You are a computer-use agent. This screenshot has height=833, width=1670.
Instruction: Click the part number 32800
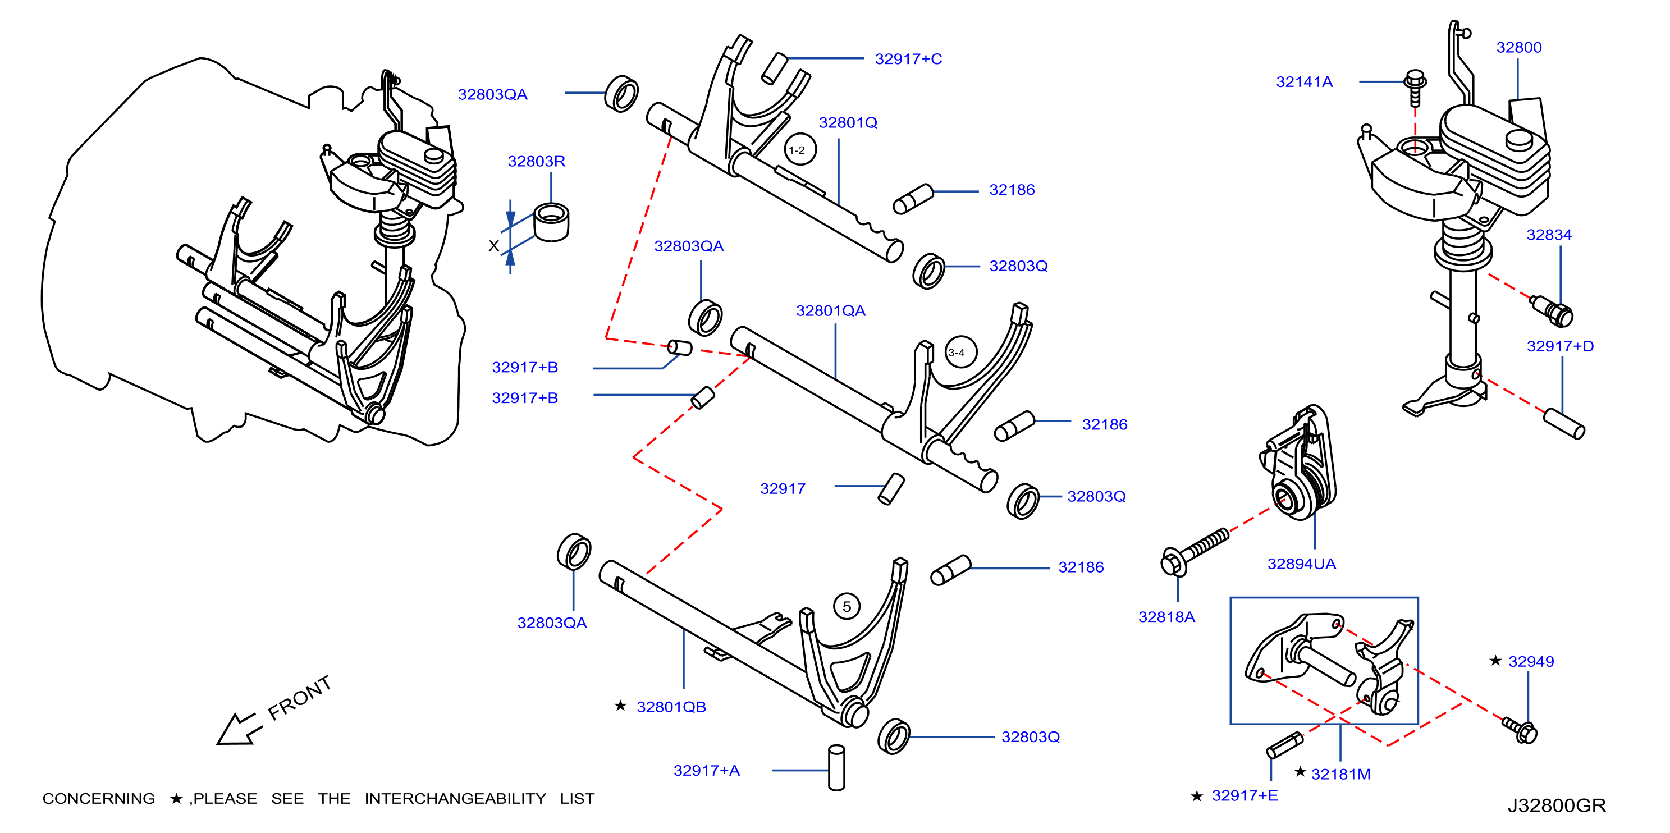tap(1518, 47)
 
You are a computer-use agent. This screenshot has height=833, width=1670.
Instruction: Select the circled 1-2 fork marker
tap(799, 150)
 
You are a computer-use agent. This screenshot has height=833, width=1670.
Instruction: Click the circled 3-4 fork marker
tap(959, 352)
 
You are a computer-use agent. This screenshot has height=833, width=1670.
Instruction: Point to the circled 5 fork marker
tap(847, 607)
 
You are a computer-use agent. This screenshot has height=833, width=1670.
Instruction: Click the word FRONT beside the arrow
tap(300, 698)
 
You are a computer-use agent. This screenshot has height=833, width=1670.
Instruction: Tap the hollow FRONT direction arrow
tap(239, 729)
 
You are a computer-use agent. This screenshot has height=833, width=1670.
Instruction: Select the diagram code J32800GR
tap(1557, 805)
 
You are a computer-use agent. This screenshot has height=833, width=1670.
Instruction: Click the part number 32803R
tap(536, 162)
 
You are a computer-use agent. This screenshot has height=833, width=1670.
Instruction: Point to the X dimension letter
tap(493, 246)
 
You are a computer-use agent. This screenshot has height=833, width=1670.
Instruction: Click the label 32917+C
tap(908, 59)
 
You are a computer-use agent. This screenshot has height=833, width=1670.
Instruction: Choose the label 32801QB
tap(671, 707)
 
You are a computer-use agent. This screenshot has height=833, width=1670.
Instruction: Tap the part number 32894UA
tap(1301, 564)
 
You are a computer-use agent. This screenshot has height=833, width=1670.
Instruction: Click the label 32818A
tap(1166, 617)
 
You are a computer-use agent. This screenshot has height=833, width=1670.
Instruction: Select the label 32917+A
tap(706, 771)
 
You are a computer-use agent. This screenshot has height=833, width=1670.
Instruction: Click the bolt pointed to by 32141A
tap(1415, 87)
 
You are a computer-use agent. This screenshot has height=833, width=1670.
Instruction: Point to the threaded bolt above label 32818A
tap(1194, 552)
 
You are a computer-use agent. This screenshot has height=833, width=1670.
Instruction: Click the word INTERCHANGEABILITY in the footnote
tap(455, 799)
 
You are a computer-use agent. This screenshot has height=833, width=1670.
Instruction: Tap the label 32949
tap(1531, 662)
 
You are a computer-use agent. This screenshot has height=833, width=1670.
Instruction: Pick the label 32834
tap(1549, 235)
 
